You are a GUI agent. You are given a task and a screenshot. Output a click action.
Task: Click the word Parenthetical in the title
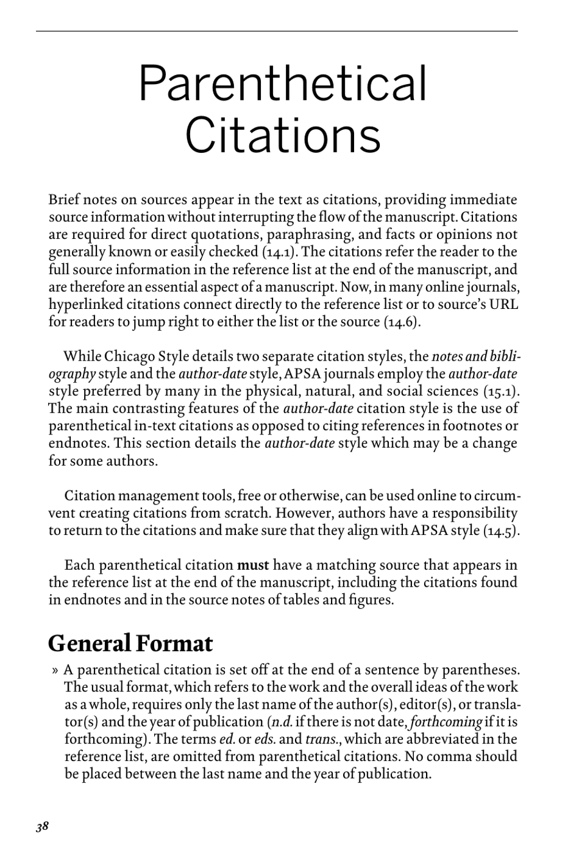click(x=283, y=83)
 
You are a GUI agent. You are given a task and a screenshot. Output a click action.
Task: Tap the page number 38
click(x=42, y=827)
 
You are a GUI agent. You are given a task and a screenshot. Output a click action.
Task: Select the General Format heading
click(x=130, y=643)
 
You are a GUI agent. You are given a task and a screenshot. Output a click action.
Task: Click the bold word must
click(x=253, y=565)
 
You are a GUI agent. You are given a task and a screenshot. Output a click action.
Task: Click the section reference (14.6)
click(x=402, y=322)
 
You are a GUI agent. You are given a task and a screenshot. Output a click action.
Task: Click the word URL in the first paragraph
click(x=504, y=304)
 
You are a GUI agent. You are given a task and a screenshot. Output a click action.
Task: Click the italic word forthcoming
click(x=447, y=723)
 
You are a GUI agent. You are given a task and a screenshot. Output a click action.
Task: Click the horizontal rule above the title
click(x=277, y=31)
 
